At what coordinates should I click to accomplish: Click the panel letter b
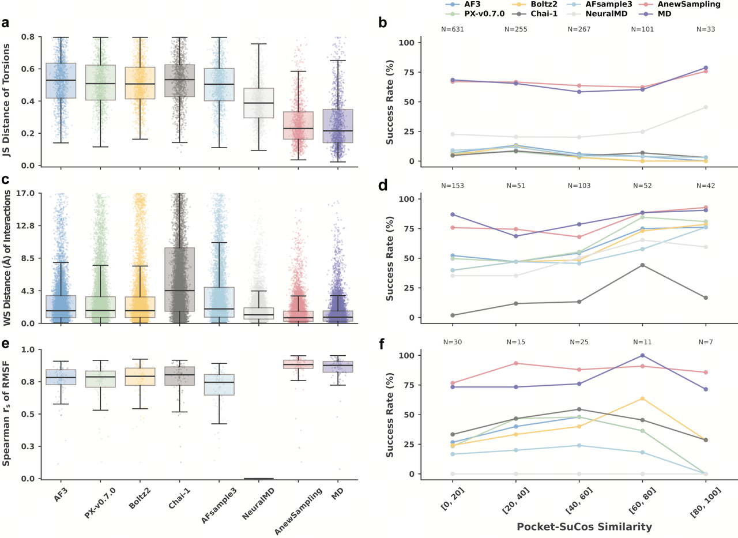tap(382, 23)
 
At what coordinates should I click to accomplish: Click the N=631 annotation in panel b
tap(453, 29)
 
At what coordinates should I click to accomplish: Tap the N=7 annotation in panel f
tap(706, 342)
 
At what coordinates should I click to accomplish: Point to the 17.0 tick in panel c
tap(26, 193)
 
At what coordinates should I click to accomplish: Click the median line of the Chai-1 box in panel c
tap(179, 291)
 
